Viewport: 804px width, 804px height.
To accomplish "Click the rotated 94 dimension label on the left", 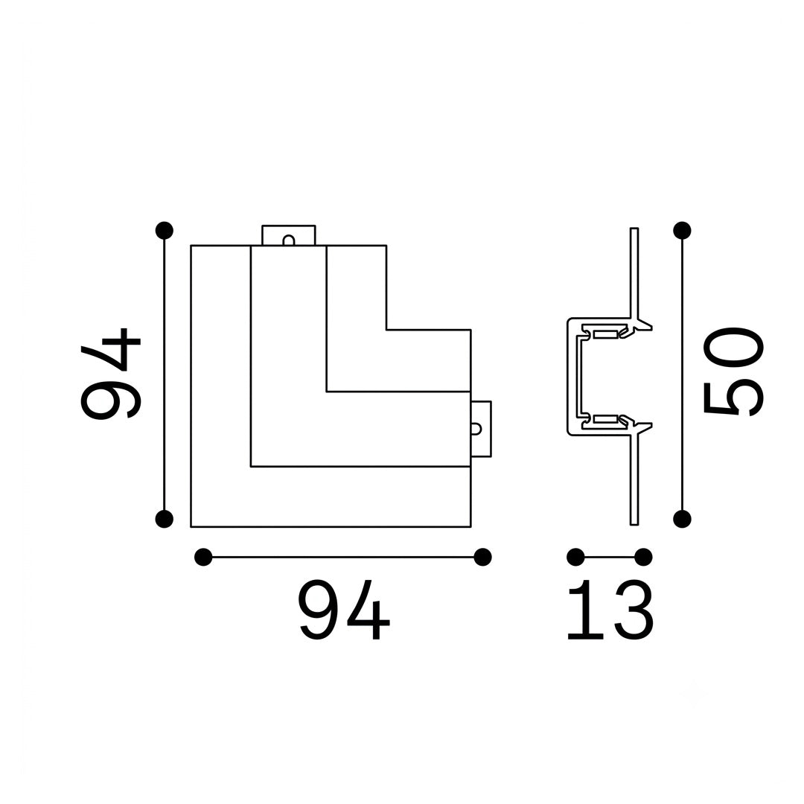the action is pos(111,374).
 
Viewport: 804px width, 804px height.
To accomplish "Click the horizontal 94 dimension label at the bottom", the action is pos(345,610).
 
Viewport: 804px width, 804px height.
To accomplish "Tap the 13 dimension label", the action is pos(610,610).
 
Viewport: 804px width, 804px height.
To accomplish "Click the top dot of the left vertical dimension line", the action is pos(164,231).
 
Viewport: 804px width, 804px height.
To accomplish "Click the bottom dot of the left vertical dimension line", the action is pos(164,519).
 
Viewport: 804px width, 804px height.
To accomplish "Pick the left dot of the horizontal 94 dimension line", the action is pos(203,557).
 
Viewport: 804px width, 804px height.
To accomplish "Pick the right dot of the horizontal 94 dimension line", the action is pos(482,557).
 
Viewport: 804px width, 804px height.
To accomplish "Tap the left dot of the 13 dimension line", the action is pos(575,557).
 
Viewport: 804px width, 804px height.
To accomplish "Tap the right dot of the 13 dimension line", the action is pos(643,557).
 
